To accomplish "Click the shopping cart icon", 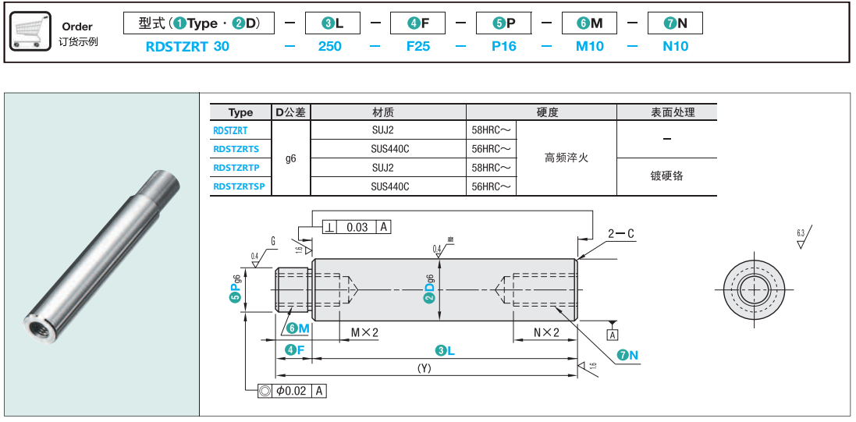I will (30, 31).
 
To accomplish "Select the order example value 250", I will (330, 46).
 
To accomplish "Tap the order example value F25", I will (418, 46).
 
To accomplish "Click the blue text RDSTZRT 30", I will (187, 46).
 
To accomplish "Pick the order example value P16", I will (504, 46).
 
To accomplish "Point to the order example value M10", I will (590, 46).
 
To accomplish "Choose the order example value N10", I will (676, 46).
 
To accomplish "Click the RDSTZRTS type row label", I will (236, 149).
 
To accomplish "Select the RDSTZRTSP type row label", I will (239, 186).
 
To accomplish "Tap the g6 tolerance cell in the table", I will (291, 158).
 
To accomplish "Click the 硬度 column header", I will (548, 112).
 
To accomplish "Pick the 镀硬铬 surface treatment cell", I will (666, 176).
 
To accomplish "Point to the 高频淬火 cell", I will (566, 158).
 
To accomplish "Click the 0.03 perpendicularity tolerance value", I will (357, 227).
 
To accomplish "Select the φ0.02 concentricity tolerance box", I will (291, 391).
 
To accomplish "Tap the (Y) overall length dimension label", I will (424, 367).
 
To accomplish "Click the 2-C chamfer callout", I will (621, 233).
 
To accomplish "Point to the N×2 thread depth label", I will (547, 332).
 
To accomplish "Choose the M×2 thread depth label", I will (364, 332).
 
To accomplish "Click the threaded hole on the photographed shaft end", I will (36, 318).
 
